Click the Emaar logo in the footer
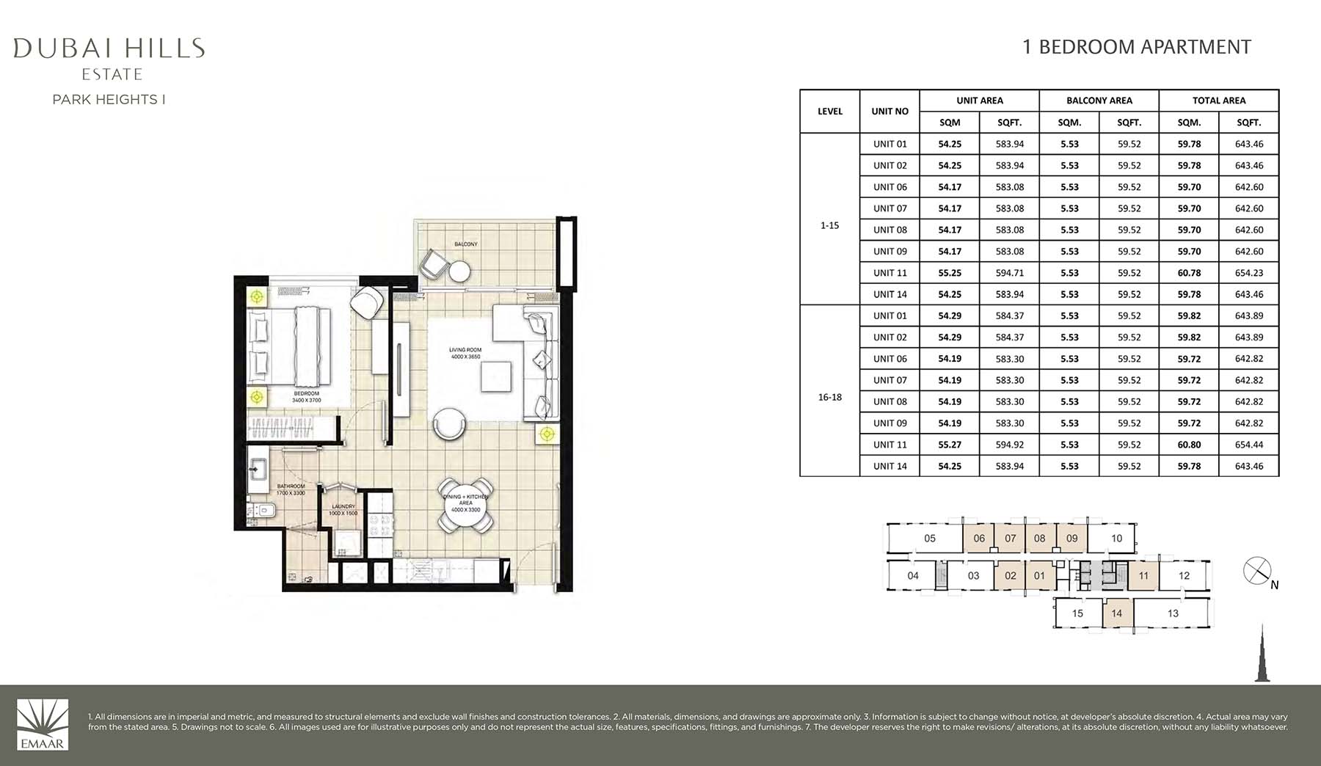[x=43, y=724]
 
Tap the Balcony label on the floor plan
[x=465, y=244]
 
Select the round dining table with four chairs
[x=465, y=504]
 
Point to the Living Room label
[x=465, y=353]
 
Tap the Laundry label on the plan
[x=343, y=509]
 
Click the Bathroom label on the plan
[x=291, y=489]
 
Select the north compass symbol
[x=1257, y=571]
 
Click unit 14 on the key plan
[x=1116, y=613]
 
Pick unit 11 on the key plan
[x=1143, y=576]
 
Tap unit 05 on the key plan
[x=930, y=539]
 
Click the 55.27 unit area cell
[x=950, y=445]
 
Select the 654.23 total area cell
[x=1248, y=273]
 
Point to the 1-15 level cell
[x=829, y=225]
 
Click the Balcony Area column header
[x=1099, y=101]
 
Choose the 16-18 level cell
[x=829, y=397]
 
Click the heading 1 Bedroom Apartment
[x=1136, y=47]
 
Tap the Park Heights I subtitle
[x=109, y=100]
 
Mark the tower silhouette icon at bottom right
[x=1262, y=654]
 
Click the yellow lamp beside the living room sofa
[x=546, y=434]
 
